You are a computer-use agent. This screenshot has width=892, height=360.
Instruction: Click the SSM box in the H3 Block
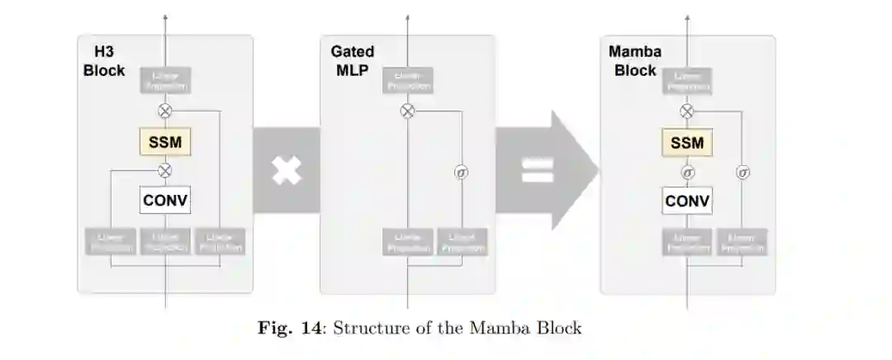[165, 142]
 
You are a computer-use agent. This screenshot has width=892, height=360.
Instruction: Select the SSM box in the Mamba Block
[687, 143]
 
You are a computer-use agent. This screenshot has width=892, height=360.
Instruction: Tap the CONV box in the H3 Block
[165, 200]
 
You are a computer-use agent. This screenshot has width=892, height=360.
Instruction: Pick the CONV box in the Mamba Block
[687, 201]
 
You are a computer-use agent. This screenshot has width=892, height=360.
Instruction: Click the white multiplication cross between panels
[287, 171]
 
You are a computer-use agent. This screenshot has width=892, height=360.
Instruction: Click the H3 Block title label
[104, 61]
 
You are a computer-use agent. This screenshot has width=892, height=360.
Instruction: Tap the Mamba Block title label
[635, 61]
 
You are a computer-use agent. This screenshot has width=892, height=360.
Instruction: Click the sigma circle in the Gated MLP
[462, 173]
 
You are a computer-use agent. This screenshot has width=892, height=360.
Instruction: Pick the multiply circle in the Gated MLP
[407, 111]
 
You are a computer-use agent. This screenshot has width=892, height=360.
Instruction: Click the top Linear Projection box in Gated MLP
[408, 80]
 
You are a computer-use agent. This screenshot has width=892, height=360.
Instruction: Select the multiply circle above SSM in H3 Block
[165, 111]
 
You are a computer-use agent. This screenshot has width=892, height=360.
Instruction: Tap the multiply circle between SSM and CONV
[165, 171]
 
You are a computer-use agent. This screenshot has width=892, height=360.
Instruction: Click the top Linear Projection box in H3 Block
[166, 80]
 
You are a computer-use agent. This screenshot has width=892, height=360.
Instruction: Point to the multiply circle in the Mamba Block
[687, 111]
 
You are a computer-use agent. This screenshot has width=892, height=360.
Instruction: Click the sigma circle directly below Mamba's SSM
[687, 172]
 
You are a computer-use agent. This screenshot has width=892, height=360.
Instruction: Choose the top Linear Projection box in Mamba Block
[687, 80]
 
